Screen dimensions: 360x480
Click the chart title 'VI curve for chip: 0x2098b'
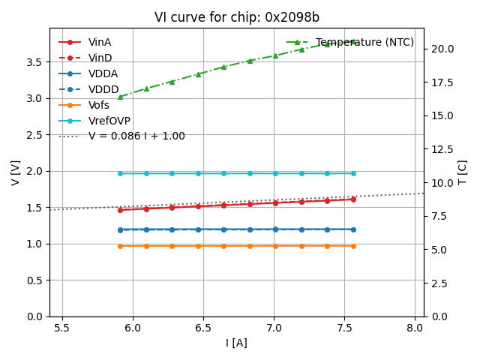tap(236, 17)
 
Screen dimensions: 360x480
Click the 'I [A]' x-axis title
tap(236, 343)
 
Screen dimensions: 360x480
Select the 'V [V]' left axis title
tap(15, 172)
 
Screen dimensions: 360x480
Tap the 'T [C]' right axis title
tap(463, 172)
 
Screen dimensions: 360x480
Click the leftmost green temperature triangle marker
tap(120, 97)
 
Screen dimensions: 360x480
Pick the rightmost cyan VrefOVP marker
tap(353, 173)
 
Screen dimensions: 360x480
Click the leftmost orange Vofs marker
tap(120, 246)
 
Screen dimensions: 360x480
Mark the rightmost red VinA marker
tap(353, 199)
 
